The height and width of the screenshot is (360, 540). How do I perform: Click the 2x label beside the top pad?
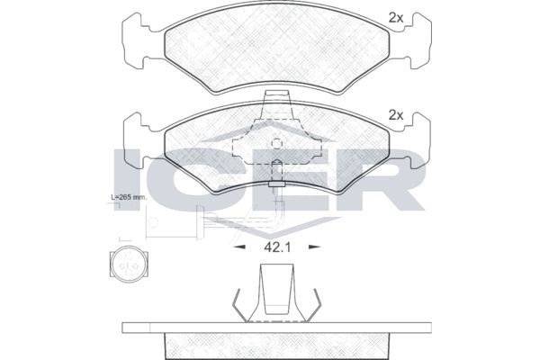[x=394, y=16]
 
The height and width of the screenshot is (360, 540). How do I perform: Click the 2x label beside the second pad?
[x=394, y=115]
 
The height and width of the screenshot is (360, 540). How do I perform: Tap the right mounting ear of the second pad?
[x=416, y=139]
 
